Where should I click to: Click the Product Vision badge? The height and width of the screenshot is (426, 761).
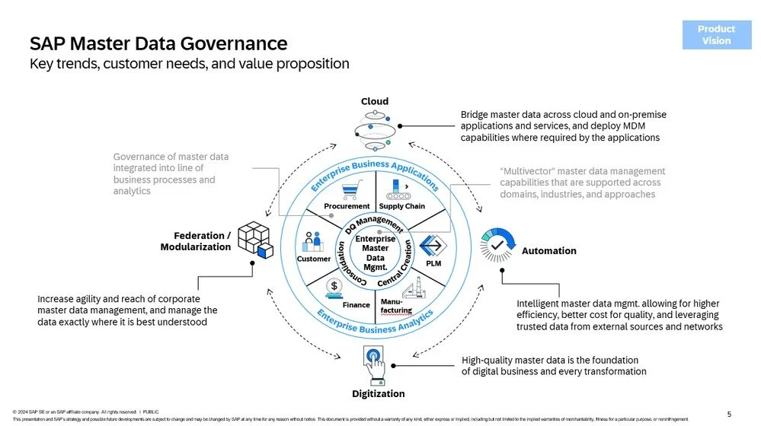[x=715, y=35]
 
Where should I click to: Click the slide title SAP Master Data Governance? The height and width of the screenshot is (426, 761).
[x=158, y=43]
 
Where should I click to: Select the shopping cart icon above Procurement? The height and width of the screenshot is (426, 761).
[x=350, y=190]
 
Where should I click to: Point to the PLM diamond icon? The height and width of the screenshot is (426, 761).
[x=433, y=246]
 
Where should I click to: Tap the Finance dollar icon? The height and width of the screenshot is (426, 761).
[x=334, y=287]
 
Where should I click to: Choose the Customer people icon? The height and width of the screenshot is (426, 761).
[x=313, y=241]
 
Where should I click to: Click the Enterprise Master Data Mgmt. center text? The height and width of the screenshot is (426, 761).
[x=375, y=253]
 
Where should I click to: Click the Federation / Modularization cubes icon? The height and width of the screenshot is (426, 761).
[x=255, y=240]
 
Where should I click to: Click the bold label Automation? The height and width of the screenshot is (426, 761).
[x=548, y=251]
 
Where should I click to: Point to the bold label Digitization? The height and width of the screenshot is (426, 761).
[x=378, y=394]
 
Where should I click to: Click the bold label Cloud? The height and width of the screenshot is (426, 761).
[x=374, y=101]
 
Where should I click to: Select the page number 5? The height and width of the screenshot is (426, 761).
[x=729, y=414]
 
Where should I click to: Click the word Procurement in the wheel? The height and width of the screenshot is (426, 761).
[x=347, y=206]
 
